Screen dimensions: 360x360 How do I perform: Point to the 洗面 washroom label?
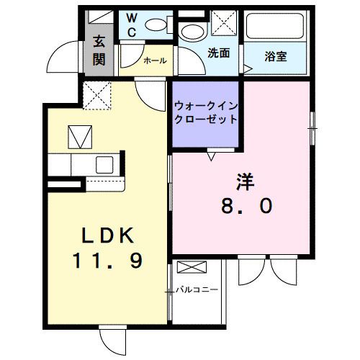(x=218, y=53)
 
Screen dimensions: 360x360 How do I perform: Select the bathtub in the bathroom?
(x=276, y=28)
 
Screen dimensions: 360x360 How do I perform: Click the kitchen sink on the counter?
(x=102, y=164)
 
